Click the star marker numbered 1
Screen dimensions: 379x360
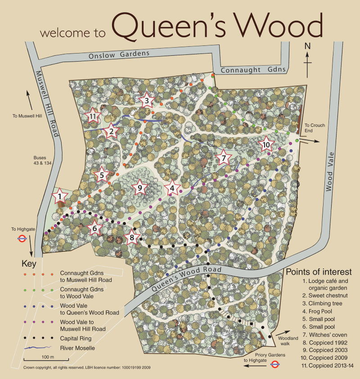click(x=59, y=196)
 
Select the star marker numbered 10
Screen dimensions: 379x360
click(x=266, y=145)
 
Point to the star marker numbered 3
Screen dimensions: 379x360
click(x=146, y=101)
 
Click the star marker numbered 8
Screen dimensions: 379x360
click(x=131, y=237)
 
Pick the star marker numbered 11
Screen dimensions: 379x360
click(x=93, y=116)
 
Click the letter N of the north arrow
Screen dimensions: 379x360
click(x=308, y=46)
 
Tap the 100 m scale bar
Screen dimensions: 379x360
click(x=45, y=359)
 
